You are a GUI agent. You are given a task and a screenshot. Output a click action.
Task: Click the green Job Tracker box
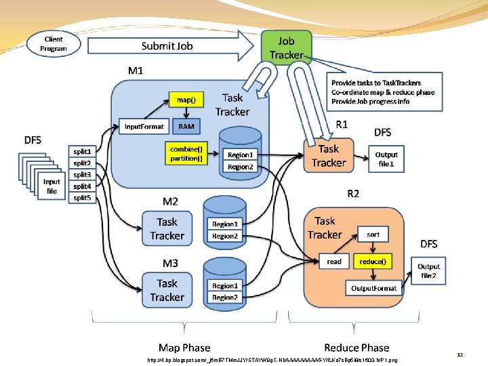point(286,47)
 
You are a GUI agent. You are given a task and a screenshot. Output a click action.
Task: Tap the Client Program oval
point(54,44)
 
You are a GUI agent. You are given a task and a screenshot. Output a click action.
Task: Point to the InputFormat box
point(144,126)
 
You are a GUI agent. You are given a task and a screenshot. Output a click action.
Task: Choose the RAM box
point(186,126)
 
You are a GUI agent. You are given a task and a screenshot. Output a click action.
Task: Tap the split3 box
point(82,175)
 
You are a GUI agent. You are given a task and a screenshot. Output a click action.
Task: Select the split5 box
point(82,198)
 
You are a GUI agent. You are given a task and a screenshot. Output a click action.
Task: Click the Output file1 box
point(387,159)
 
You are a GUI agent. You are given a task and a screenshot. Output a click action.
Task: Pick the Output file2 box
point(428,271)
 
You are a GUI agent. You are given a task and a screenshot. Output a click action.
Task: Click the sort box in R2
point(373,235)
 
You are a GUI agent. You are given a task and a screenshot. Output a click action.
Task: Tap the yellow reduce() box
point(373,262)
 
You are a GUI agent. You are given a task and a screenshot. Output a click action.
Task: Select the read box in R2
point(334,262)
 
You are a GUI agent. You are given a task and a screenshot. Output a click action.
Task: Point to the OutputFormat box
point(373,288)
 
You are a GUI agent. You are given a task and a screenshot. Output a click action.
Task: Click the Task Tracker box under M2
point(167,228)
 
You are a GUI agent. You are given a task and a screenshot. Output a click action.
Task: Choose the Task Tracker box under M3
point(167,290)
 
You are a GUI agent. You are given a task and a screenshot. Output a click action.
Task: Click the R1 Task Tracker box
point(329,156)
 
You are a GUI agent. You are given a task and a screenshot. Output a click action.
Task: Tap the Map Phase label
point(184,348)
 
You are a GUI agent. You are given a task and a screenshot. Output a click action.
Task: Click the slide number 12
point(460,354)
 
